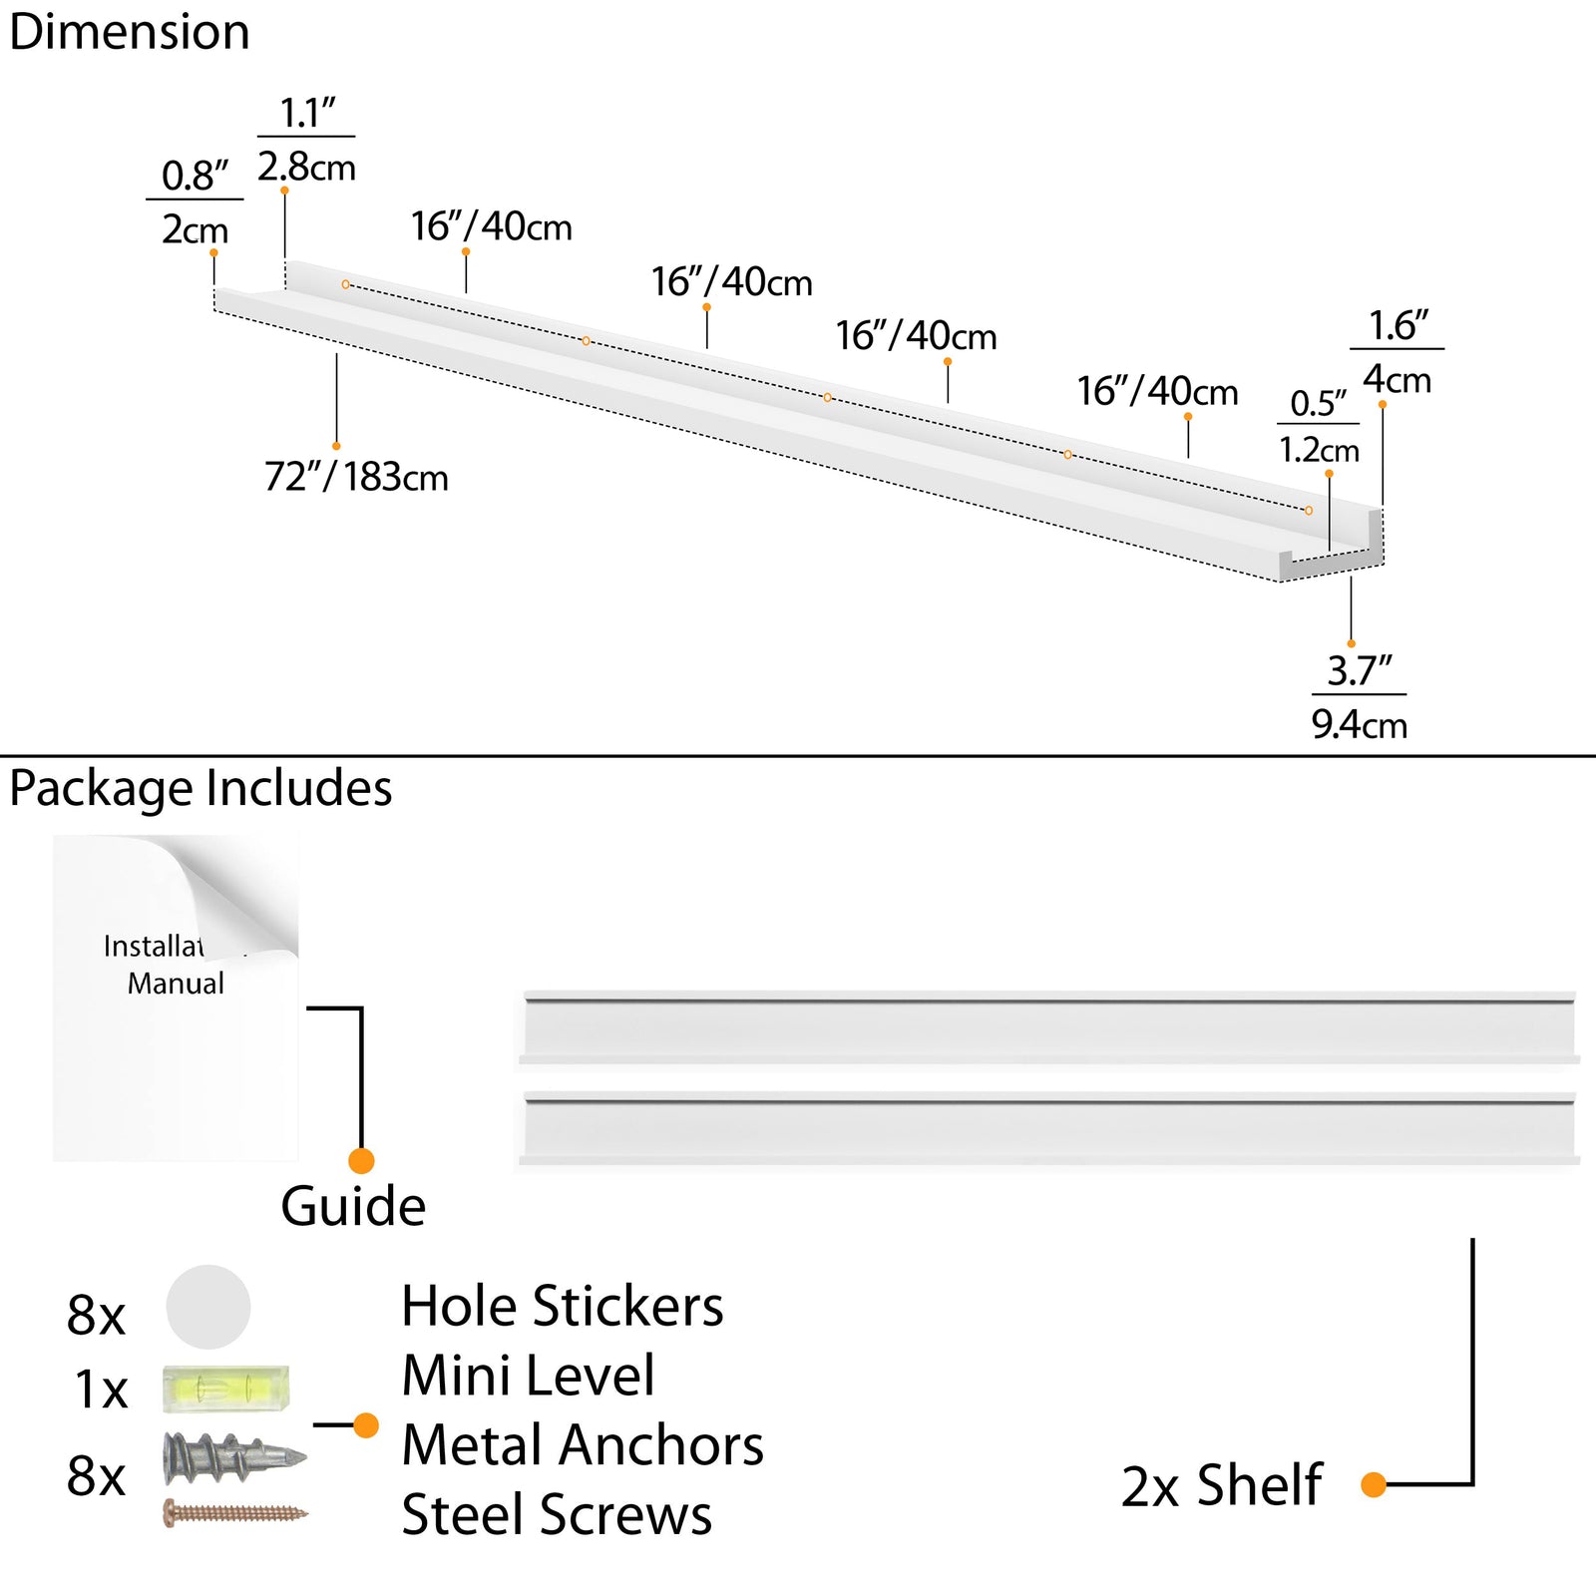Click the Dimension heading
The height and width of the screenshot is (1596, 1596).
[x=130, y=32]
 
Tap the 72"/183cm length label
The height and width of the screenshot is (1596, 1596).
[x=356, y=477]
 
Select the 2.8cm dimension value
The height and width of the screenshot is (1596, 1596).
[x=306, y=168]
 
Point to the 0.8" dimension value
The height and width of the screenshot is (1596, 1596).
[x=195, y=176]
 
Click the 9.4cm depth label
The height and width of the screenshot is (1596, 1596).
[x=1359, y=725]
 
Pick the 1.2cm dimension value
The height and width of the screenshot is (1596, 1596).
[x=1319, y=451]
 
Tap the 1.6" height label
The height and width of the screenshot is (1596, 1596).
[x=1397, y=326]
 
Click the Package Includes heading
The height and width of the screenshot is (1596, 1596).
[x=200, y=788]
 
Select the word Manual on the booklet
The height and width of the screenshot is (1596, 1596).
[x=176, y=984]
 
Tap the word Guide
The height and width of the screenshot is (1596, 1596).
[x=353, y=1207]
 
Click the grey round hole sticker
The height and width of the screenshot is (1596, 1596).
[x=208, y=1307]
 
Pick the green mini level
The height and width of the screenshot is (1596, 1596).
[x=226, y=1389]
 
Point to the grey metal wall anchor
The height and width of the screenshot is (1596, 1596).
[x=233, y=1457]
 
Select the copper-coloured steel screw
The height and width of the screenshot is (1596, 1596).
[x=235, y=1513]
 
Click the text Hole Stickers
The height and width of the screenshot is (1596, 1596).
[x=563, y=1307]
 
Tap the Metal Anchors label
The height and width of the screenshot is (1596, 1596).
[x=583, y=1445]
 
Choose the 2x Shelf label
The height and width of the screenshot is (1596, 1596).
[x=1222, y=1486]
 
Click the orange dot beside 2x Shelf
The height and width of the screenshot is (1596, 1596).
[x=1374, y=1485]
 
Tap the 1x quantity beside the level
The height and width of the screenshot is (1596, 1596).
[x=101, y=1390]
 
